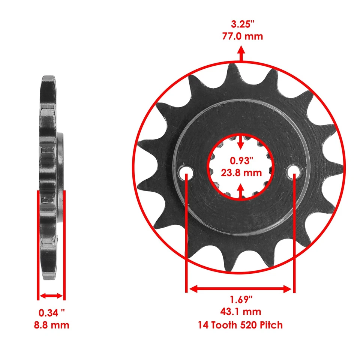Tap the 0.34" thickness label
tap(51, 312)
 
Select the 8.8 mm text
tap(51, 324)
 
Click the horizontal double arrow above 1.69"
tap(240, 289)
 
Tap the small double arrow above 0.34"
tap(51, 296)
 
